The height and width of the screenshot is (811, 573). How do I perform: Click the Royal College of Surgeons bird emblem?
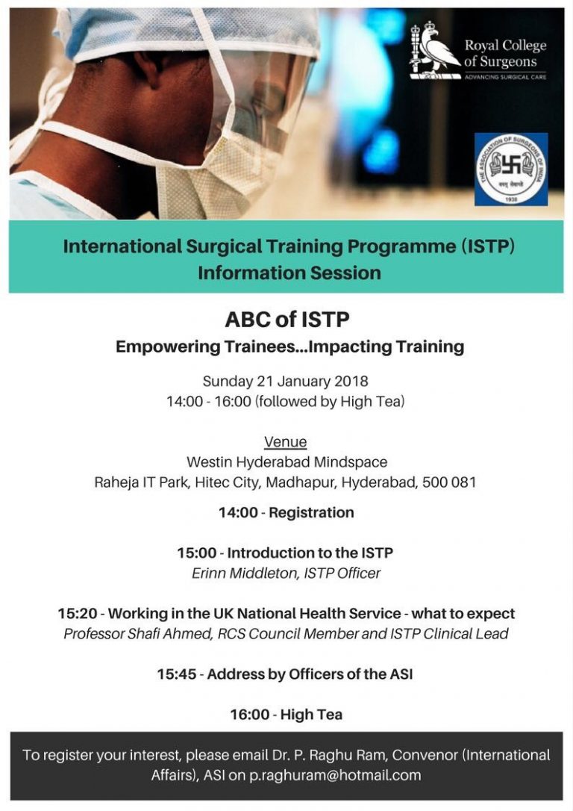click(x=435, y=50)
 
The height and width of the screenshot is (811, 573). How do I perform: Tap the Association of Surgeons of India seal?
click(x=511, y=169)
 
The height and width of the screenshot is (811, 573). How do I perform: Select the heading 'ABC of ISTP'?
click(x=287, y=319)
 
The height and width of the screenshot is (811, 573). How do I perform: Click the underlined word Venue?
click(x=286, y=441)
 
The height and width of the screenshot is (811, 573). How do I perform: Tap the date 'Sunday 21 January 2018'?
click(x=285, y=381)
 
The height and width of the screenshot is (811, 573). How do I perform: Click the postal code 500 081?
click(x=449, y=482)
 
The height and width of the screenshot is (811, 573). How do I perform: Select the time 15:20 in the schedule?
click(x=78, y=613)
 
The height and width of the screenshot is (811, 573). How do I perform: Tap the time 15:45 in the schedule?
click(x=178, y=674)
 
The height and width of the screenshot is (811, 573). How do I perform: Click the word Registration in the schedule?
click(x=311, y=512)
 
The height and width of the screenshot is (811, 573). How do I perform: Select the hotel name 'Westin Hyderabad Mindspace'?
click(x=286, y=462)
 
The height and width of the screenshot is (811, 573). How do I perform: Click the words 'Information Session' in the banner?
click(x=289, y=273)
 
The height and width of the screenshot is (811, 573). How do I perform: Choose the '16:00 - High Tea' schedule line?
click(x=286, y=715)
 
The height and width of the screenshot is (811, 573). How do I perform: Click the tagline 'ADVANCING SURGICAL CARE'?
click(x=505, y=77)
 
